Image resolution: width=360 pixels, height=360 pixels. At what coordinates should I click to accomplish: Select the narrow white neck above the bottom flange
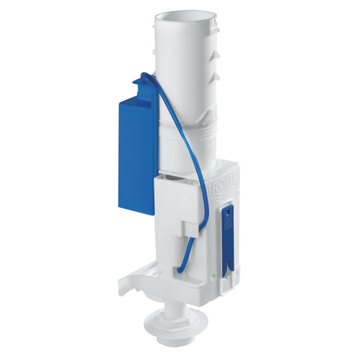pyautogui.click(x=185, y=308)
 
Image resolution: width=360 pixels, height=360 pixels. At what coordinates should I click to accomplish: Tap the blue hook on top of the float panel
pyautogui.click(x=144, y=81)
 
